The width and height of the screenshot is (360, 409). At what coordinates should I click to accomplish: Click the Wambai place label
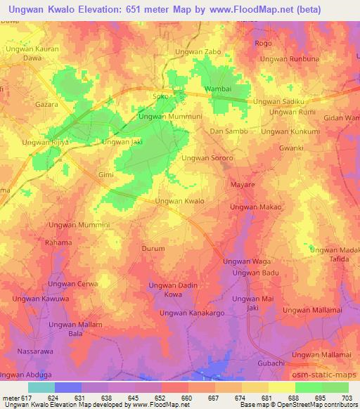[217, 90]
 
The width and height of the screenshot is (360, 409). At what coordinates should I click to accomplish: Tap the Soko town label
[162, 96]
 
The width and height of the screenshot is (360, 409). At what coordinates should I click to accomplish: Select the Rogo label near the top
[263, 43]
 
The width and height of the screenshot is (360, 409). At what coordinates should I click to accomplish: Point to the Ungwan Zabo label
[198, 52]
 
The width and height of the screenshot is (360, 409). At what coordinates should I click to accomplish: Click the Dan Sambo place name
[226, 131]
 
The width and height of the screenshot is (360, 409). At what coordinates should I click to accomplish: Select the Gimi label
[105, 173]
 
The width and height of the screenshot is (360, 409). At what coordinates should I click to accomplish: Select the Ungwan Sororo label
[207, 159]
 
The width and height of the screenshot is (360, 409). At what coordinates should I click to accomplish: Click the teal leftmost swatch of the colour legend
[41, 387]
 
